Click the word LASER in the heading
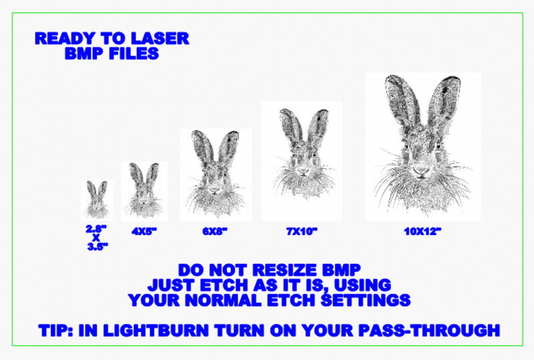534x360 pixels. pos(160,38)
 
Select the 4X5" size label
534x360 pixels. pos(144,232)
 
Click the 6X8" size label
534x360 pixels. pos(214,232)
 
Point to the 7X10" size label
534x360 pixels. pos(302,232)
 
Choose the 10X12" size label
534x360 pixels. pos(423,232)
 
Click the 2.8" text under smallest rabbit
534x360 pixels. pos(96,228)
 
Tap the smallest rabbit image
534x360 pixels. pos(97,200)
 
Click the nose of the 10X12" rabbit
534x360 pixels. pos(421,170)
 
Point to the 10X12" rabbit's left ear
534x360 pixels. pos(402,100)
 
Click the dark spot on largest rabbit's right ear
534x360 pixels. pos(445,90)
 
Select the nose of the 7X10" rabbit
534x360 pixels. pos(303,170)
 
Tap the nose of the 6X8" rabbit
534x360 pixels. pos(214,188)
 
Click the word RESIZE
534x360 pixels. pos(285,270)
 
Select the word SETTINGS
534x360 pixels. pos(365,300)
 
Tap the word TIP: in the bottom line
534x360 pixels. pos(55,331)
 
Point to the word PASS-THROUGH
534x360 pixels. pos(429,331)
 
